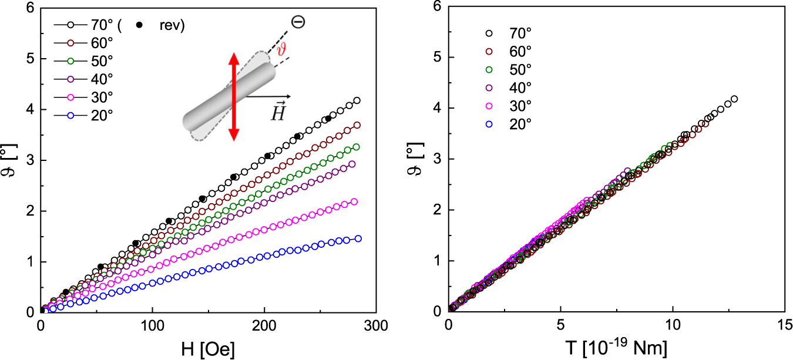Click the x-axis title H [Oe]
(x=208, y=349)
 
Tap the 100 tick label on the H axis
(x=153, y=324)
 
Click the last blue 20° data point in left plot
(x=358, y=238)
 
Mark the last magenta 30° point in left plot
(x=354, y=201)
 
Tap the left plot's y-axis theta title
(x=11, y=159)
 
